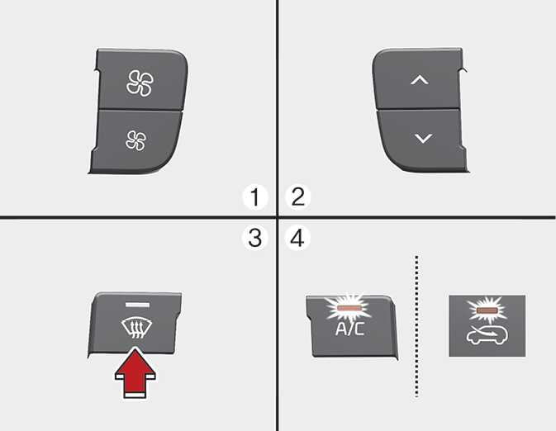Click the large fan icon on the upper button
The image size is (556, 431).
(x=140, y=83)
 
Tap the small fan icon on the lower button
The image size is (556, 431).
(x=135, y=140)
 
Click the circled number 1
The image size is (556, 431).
(x=255, y=197)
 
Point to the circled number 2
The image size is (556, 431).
(x=298, y=197)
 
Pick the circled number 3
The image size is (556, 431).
(x=255, y=238)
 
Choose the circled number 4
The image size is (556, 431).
(x=298, y=238)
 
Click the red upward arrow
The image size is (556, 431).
(x=135, y=372)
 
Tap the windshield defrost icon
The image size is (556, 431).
(x=136, y=329)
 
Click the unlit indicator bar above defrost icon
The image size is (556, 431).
(x=137, y=305)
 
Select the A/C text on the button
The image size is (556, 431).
(x=349, y=329)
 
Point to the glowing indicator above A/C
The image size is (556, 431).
(x=349, y=308)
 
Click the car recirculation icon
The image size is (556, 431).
(x=487, y=335)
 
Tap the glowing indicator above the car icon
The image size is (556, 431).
(x=487, y=310)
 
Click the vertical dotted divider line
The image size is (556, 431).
(x=416, y=326)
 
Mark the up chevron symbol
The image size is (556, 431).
(x=420, y=80)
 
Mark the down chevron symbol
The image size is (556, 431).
(x=423, y=138)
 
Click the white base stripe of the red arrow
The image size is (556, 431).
(x=135, y=395)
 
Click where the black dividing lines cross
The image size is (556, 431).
(x=278, y=217)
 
